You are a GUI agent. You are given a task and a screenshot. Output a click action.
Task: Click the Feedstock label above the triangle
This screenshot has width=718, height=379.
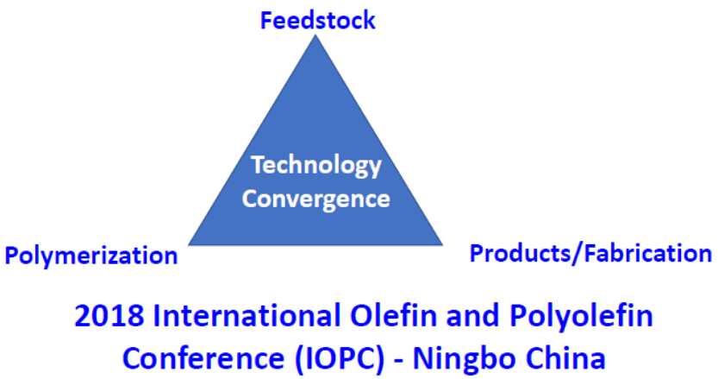coord(318,21)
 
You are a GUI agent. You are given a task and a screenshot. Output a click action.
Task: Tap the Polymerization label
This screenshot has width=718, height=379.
coord(91,256)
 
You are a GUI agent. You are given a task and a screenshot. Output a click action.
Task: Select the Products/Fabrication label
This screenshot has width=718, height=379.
coord(590,253)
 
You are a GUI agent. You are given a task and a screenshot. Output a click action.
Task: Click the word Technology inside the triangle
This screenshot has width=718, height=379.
coord(316,166)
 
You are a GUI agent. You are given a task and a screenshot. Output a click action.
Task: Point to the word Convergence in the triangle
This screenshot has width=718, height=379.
coord(316,199)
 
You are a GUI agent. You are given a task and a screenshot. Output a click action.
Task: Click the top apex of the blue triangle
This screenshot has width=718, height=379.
coord(315,35)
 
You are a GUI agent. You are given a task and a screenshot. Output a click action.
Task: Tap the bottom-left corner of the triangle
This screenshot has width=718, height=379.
coord(188,245)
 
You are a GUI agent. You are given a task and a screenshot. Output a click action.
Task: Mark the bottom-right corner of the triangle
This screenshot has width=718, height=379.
coord(443,245)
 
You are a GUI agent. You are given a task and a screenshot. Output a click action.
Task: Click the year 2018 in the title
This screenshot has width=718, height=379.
coord(109,316)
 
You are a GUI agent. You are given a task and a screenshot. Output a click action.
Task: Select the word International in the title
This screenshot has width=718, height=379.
coord(247,316)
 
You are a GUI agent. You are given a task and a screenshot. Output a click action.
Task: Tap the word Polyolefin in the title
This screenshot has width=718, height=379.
coord(581,317)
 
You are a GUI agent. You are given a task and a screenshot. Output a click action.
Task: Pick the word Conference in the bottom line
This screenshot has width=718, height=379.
coord(203,358)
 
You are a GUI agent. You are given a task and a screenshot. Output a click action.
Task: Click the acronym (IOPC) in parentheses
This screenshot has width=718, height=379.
coord(340,358)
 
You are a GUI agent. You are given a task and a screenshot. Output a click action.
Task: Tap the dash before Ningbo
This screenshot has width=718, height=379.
coord(399,360)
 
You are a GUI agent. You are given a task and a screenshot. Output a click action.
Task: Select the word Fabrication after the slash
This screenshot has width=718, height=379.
coord(649,253)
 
